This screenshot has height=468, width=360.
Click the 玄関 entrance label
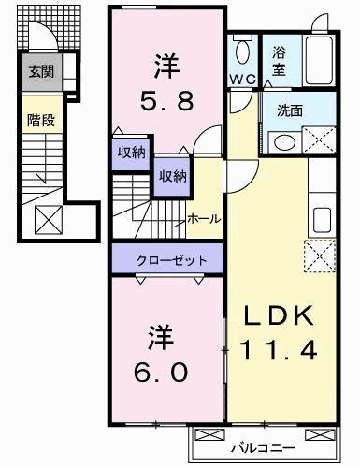pos(41,71)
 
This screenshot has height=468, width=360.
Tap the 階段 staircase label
pos(41,120)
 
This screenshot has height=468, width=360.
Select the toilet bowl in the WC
pos(243,52)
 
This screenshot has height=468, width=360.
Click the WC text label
pos(243,80)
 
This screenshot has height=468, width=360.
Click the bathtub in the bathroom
pos(320,60)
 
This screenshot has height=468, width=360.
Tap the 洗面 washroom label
pos(290,110)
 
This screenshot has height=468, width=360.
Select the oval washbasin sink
pos(284,142)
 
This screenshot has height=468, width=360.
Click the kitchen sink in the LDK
pos(322,220)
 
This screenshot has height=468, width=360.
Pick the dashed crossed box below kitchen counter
pos(320,256)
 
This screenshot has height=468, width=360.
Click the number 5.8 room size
pos(166,100)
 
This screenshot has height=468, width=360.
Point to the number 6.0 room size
pos(161,372)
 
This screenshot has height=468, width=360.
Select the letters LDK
pos(278,315)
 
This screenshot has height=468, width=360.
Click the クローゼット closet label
pos(171,259)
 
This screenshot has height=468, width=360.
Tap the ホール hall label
pos(204,219)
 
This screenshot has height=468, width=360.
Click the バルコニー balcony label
pos(263,449)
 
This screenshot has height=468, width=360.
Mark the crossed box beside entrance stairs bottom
pos(49,220)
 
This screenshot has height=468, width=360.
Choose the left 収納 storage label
pos(131,153)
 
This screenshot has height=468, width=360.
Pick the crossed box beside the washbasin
pos(319,139)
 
